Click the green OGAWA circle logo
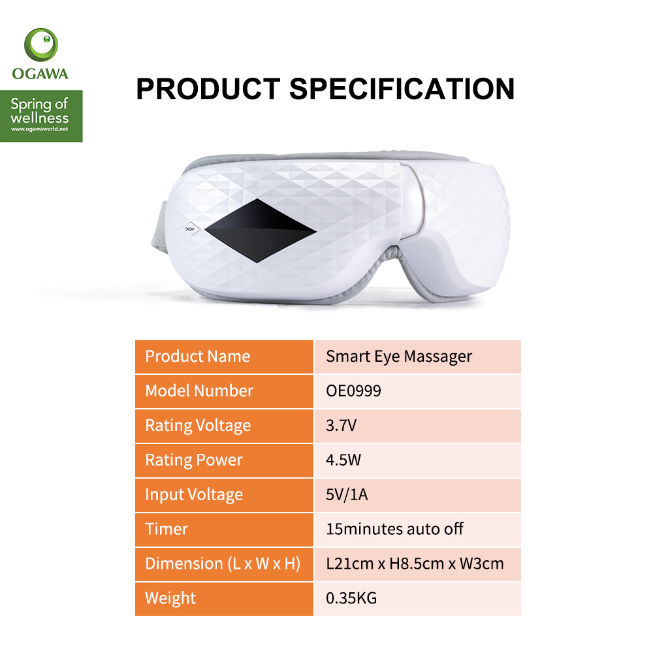coord(40,44)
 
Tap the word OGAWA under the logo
coord(40,74)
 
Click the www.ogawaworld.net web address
coord(40,129)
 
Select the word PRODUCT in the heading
coord(208,89)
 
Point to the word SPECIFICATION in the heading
coord(402,89)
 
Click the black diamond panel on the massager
coord(261,231)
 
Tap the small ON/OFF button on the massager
coord(190,229)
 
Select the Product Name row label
coord(198,357)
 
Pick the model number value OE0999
coord(353,391)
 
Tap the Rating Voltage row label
coord(199,426)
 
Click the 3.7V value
coord(341,426)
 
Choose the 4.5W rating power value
coord(343,460)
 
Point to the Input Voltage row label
coord(194,495)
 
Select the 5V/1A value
coord(347,495)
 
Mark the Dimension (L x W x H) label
coord(223,564)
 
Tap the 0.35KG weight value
coord(351,598)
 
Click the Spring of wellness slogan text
coord(40,111)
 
